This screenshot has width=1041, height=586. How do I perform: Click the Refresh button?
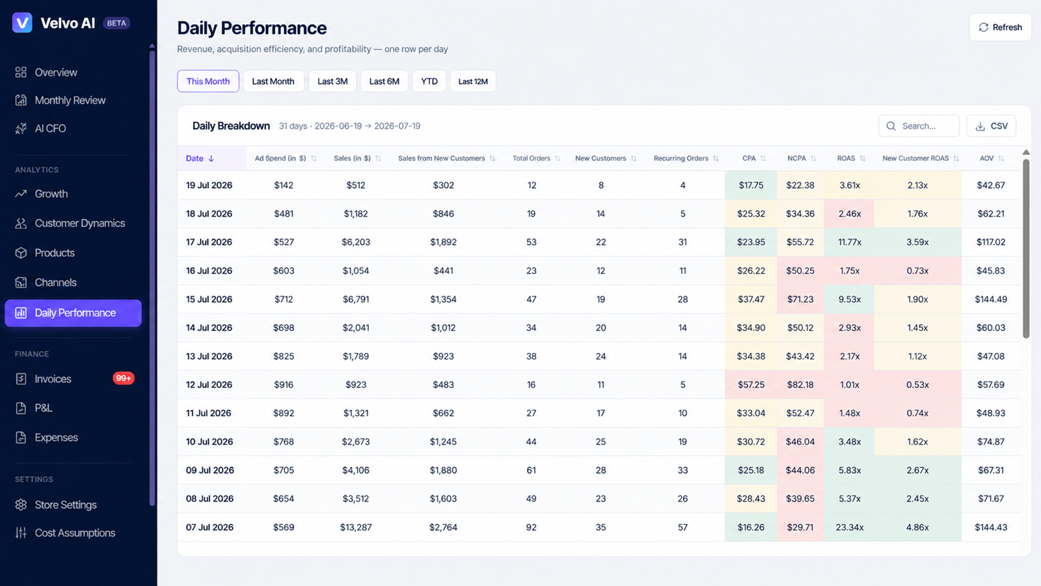(1000, 27)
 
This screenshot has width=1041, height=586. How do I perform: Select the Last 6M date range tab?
(384, 81)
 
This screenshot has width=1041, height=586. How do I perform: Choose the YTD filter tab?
(429, 81)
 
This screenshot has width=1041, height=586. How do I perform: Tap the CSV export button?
(992, 126)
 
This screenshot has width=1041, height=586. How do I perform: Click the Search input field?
(919, 126)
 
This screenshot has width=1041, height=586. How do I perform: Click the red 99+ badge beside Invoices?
(123, 378)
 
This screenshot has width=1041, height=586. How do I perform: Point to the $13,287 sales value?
(355, 527)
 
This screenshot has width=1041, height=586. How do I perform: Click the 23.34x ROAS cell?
(850, 527)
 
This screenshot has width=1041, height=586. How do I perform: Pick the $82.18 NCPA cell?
(800, 385)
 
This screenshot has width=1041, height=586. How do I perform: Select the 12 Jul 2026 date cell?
(209, 385)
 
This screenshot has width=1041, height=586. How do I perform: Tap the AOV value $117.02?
(991, 242)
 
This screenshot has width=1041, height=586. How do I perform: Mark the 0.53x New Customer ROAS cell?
(917, 385)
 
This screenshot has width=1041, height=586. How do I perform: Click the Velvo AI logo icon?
(22, 23)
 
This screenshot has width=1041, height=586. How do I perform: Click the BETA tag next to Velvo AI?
(116, 23)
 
